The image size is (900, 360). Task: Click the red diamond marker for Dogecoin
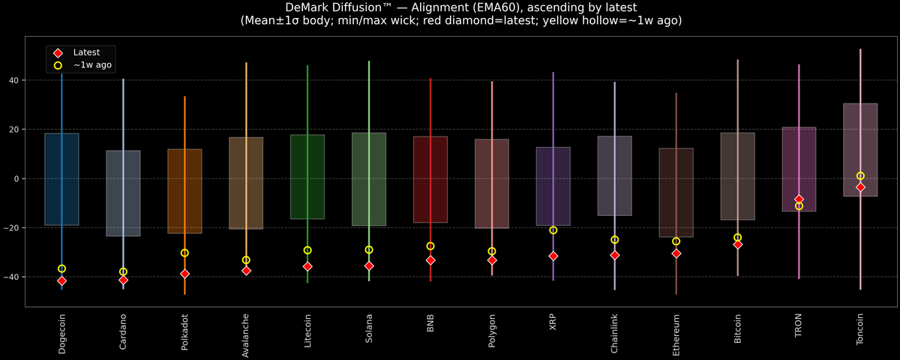coord(61,280)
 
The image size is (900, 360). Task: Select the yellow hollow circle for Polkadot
coord(184,253)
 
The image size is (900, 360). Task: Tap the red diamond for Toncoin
coord(860,187)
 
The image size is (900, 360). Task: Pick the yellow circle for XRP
coord(553,230)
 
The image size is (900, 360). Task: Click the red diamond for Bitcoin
coord(737,244)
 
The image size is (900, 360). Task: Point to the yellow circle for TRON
coord(799,206)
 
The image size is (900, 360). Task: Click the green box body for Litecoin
coord(307,176)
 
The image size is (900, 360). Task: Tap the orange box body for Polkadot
coord(184,191)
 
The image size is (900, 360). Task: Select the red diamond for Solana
coord(369,265)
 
